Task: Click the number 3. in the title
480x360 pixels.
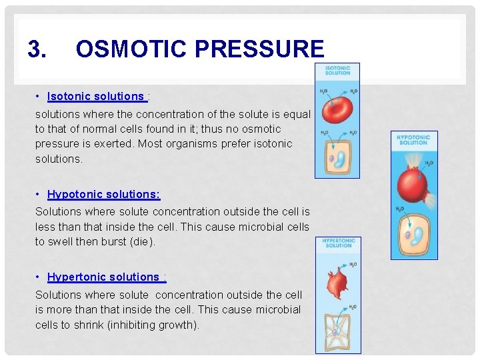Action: (37, 49)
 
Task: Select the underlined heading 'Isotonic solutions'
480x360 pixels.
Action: (95, 97)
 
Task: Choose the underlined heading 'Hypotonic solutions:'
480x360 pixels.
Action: (103, 195)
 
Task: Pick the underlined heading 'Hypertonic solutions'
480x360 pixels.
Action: (103, 277)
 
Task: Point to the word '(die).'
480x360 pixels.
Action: (143, 241)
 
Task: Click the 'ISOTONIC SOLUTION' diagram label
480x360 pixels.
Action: (337, 70)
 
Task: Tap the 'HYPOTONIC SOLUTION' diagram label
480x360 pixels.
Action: (413, 139)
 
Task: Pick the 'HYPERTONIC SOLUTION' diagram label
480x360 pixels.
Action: (339, 243)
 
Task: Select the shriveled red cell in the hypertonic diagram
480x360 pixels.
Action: (337, 283)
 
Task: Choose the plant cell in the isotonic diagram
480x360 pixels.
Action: (337, 157)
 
